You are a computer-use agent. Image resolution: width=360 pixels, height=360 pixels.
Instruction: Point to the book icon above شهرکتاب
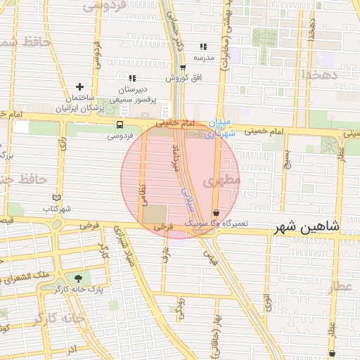[57, 198]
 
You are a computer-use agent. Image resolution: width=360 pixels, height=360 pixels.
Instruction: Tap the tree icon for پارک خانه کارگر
[88, 278]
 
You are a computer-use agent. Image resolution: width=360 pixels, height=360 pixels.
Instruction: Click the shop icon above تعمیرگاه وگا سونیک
[215, 212]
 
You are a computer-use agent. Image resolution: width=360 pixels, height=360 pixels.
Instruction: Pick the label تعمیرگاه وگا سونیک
[217, 222]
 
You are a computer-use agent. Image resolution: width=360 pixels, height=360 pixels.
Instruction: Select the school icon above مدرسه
[203, 46]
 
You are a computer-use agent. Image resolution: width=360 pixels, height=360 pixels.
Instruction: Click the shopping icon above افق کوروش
[183, 68]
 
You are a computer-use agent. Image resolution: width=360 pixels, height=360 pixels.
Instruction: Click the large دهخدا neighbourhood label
[321, 72]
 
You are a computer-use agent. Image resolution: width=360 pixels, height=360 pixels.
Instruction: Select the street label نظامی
[143, 190]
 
